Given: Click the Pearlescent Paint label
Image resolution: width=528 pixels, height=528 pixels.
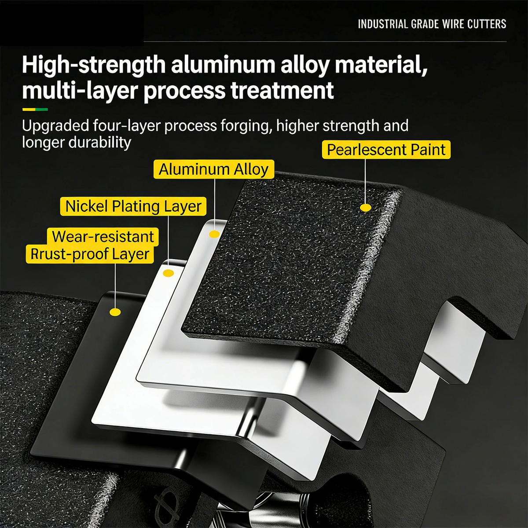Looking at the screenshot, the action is [x=386, y=150].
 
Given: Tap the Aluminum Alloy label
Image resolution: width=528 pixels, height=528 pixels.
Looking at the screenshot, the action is [x=214, y=169].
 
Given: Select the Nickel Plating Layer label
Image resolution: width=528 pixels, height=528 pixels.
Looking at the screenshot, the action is [x=133, y=206].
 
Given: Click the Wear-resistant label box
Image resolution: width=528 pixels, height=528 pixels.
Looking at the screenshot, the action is [x=103, y=236].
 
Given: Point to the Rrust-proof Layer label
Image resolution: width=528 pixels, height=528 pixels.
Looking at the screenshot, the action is [x=90, y=254].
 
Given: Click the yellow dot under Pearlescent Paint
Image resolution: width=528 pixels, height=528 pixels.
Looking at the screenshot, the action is [x=365, y=208].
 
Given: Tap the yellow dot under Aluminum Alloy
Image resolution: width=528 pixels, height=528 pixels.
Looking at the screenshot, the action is [x=214, y=234].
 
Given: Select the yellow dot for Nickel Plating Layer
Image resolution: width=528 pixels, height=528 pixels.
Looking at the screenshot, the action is [x=168, y=273].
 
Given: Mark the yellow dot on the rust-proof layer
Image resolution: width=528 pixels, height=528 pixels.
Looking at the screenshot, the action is [x=115, y=312].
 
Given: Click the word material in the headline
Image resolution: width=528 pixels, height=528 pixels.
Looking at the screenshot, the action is [x=381, y=65].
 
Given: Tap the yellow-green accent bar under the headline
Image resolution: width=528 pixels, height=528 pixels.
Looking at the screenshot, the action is [x=35, y=109].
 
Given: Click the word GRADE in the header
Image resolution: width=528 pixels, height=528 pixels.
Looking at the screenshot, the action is [x=425, y=24].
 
